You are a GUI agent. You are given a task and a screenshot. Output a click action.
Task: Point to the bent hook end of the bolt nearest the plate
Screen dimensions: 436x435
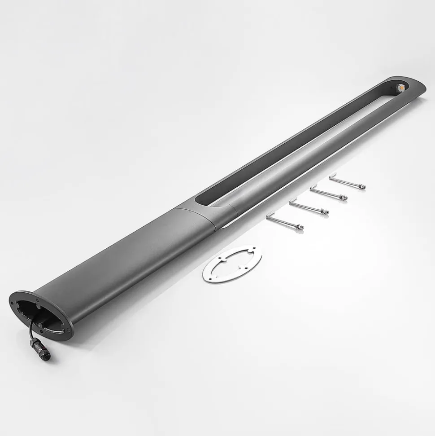click(x=268, y=217)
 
